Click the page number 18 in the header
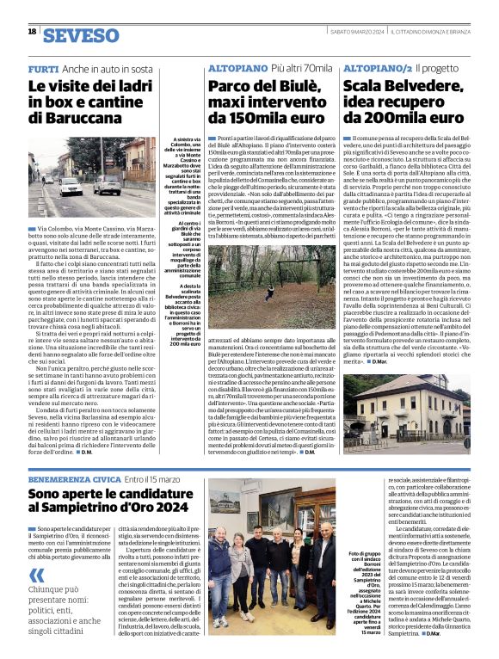[x=32, y=31]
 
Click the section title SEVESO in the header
[x=81, y=36]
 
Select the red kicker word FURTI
[x=43, y=68]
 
